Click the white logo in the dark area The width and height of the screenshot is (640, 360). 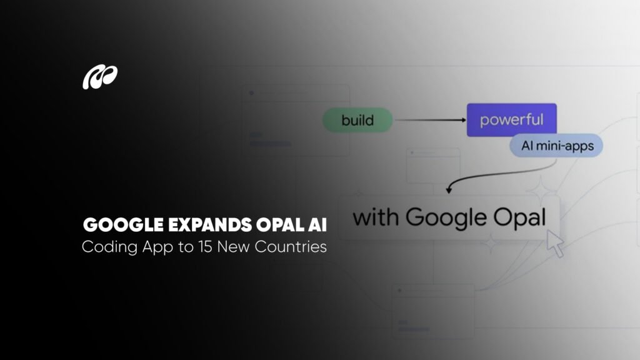point(100,77)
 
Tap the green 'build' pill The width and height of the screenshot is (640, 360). point(357,120)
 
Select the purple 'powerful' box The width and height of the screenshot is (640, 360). point(511,120)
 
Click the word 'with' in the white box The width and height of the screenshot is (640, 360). point(375,217)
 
